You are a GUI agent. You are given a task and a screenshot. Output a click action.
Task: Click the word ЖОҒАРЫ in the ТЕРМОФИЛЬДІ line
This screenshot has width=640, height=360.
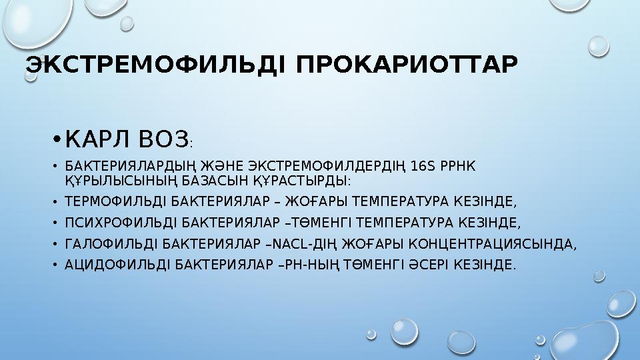(305, 201)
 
